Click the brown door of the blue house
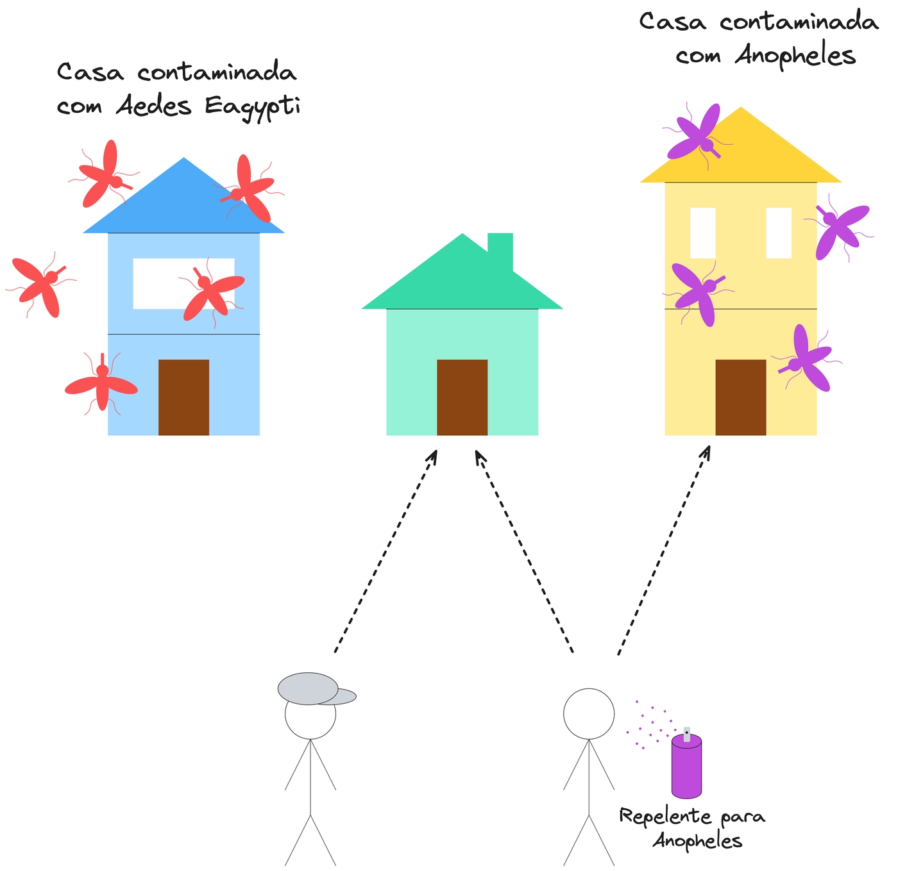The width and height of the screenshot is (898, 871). tap(183, 397)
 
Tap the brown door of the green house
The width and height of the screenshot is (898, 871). tap(462, 397)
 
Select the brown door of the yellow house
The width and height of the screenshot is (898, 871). tap(740, 397)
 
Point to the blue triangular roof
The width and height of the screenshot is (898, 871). tap(183, 205)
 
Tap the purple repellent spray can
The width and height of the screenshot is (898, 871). tap(686, 766)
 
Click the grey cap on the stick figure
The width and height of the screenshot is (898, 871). tap(311, 689)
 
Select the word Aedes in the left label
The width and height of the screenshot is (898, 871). tap(153, 106)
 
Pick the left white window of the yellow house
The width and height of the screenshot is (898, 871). tap(702, 233)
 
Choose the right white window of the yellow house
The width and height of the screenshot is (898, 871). tap(779, 233)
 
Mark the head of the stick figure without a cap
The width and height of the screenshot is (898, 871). tap(589, 714)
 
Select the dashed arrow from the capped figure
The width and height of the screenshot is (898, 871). tap(385, 551)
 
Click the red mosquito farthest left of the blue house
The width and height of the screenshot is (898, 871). tap(40, 286)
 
